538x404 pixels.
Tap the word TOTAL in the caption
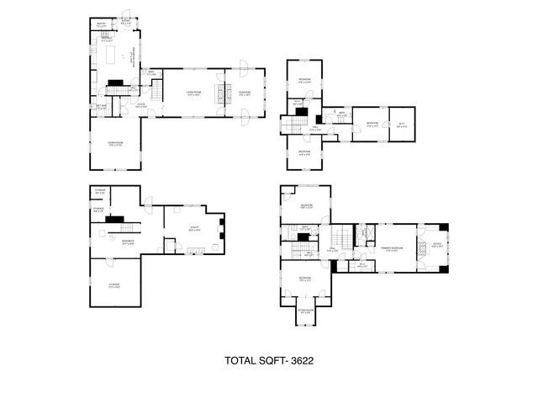pos(240,360)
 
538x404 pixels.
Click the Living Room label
pos(194,92)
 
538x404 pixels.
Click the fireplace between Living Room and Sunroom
pos(222,92)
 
